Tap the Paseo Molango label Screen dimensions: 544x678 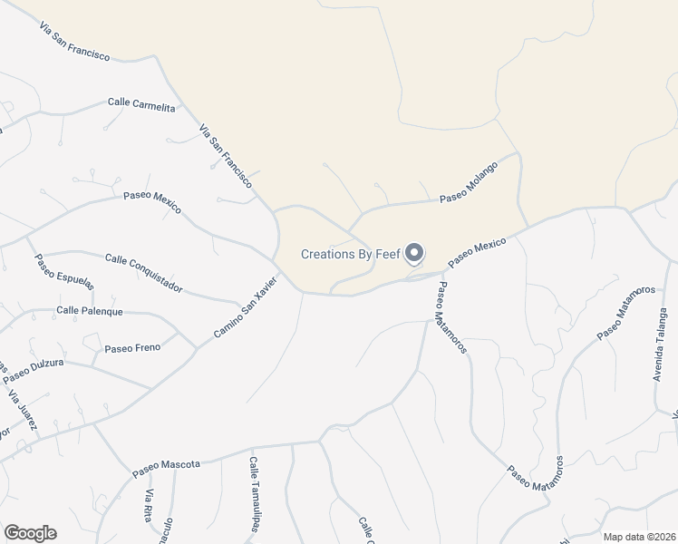coord(469,182)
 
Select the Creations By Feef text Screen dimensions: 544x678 coord(351,254)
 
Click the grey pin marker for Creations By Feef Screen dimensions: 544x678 coord(414,253)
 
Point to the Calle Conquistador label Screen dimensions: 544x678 coord(144,273)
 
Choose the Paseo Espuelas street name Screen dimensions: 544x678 coord(64,271)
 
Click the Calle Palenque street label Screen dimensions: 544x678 coord(89,311)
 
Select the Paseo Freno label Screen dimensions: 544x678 coord(132,348)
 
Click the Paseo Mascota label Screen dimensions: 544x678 coord(166,468)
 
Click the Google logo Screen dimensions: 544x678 coord(30,533)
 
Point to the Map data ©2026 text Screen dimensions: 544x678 coord(640,537)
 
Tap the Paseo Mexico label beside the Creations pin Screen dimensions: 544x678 coord(476,251)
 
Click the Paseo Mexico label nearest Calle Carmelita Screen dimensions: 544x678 coord(152,202)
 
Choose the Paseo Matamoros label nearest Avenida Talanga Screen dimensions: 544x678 coord(625,314)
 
